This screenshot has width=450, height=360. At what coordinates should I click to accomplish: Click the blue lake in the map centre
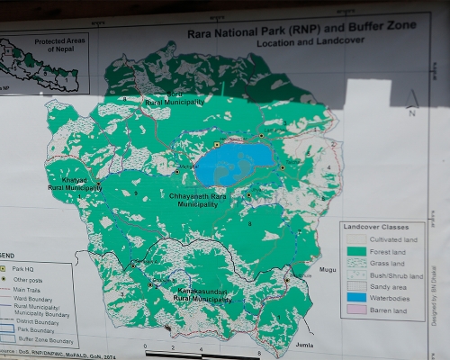coord(233,164)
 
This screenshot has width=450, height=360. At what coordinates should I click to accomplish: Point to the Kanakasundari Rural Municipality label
coord(191,295)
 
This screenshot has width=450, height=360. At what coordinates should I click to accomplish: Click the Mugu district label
coord(329,269)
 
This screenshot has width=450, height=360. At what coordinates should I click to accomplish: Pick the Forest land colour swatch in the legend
coord(355,252)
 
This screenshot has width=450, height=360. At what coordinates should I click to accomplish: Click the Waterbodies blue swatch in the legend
coord(355,296)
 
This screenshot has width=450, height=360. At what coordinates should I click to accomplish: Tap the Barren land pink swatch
coord(355,310)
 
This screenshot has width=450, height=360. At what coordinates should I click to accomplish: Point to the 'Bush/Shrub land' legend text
coord(397,267)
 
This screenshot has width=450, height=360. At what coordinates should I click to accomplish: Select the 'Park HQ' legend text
coord(24,268)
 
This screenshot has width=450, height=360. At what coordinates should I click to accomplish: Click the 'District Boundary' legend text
coord(37,321)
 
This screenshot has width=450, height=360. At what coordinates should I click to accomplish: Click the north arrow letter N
coord(411,113)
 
